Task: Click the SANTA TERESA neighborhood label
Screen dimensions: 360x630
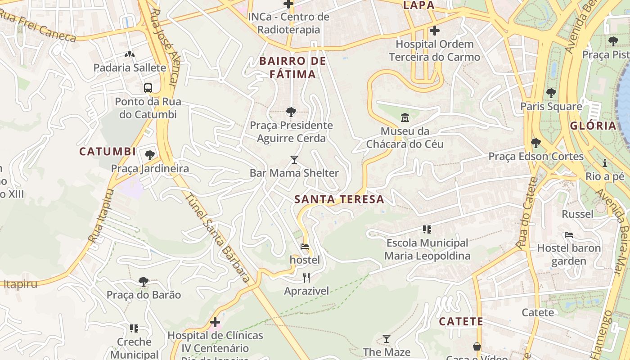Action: click(339, 199)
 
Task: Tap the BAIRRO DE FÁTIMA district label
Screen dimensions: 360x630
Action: click(293, 67)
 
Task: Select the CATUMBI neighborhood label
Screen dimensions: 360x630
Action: click(108, 152)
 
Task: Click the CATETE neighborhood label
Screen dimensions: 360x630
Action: click(461, 322)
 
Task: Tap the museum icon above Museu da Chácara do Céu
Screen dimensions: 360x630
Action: click(405, 118)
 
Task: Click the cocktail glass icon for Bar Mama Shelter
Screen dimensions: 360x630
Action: click(294, 160)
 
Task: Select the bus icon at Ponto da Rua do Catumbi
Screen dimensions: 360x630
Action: click(148, 88)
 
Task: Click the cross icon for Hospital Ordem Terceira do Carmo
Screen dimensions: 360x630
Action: click(434, 31)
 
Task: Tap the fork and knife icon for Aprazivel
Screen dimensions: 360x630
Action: click(306, 277)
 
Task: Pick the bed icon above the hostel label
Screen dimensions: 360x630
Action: click(305, 247)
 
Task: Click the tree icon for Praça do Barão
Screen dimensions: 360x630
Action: click(144, 282)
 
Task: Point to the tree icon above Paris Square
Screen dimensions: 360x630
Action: click(551, 93)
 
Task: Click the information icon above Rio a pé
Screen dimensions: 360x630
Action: click(605, 163)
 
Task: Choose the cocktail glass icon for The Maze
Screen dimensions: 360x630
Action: click(387, 339)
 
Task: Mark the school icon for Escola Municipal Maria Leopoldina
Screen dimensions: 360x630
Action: click(427, 229)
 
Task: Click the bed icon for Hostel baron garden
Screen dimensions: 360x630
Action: click(569, 235)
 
